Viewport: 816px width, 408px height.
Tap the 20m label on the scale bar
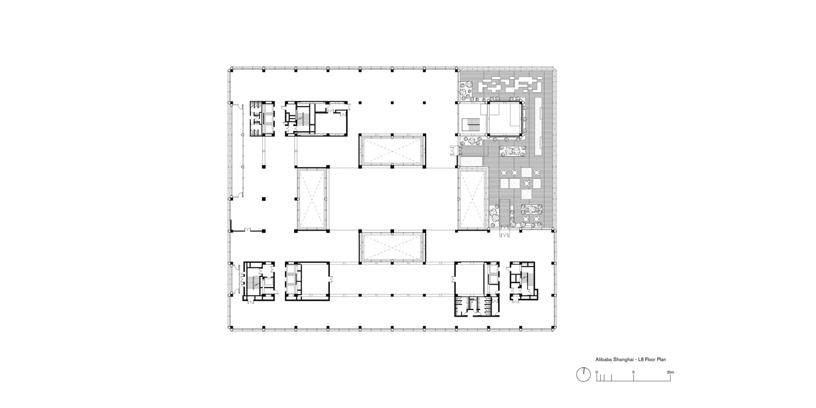coord(670,372)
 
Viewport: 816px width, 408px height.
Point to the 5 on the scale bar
coord(633,372)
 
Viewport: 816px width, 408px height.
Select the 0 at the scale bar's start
coord(596,372)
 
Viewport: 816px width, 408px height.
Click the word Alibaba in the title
coord(602,360)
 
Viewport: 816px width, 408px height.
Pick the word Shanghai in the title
coord(620,360)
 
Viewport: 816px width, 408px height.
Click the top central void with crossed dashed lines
coord(392,151)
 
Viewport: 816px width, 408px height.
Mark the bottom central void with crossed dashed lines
coord(392,248)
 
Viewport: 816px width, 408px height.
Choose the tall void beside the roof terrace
coord(472,199)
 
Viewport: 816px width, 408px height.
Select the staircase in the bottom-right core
coord(526,279)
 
